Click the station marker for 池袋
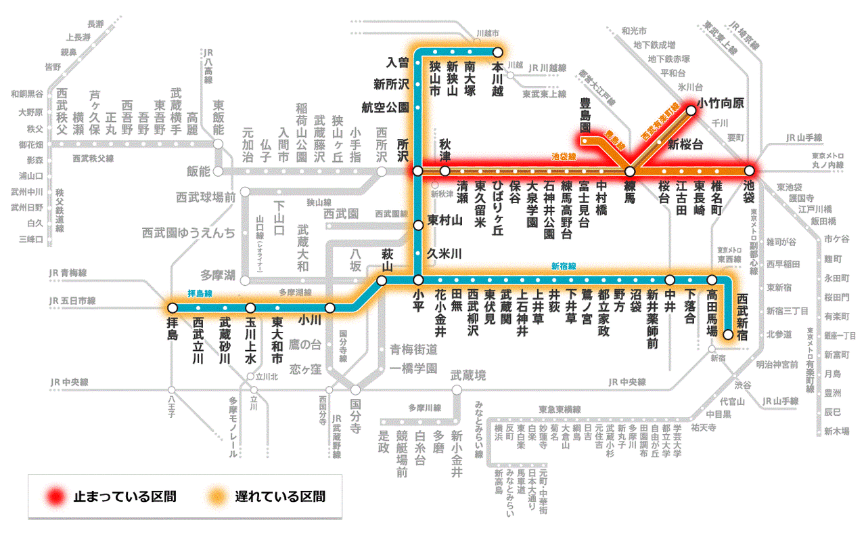pos(749,171)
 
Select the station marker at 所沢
pos(417,171)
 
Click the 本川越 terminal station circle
pos(497,51)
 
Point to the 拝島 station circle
pos(170,307)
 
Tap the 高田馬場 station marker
pos(712,280)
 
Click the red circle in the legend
pos(55,496)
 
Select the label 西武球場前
pos(206,198)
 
